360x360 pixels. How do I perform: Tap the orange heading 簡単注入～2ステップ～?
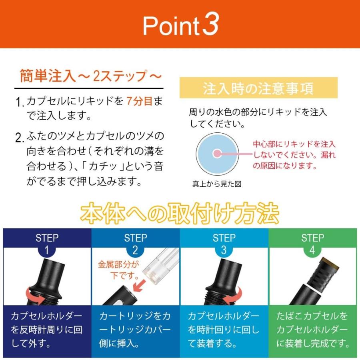click(91, 76)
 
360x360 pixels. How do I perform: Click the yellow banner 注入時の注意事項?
click(258, 88)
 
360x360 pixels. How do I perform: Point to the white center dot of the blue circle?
click(217, 154)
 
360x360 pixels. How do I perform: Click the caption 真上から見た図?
click(217, 184)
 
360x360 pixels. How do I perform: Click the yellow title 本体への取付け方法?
click(180, 214)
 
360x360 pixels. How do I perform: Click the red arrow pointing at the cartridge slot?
click(139, 285)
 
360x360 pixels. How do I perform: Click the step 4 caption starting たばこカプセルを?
click(312, 330)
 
